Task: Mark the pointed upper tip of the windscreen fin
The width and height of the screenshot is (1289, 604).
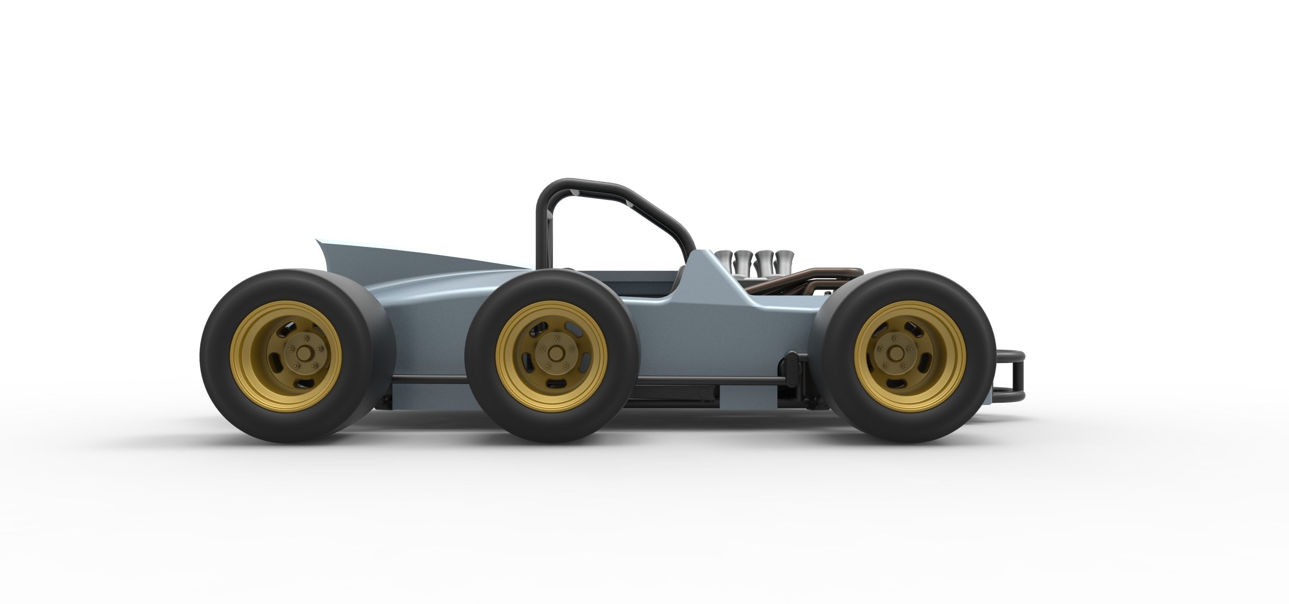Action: [x=317, y=241]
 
